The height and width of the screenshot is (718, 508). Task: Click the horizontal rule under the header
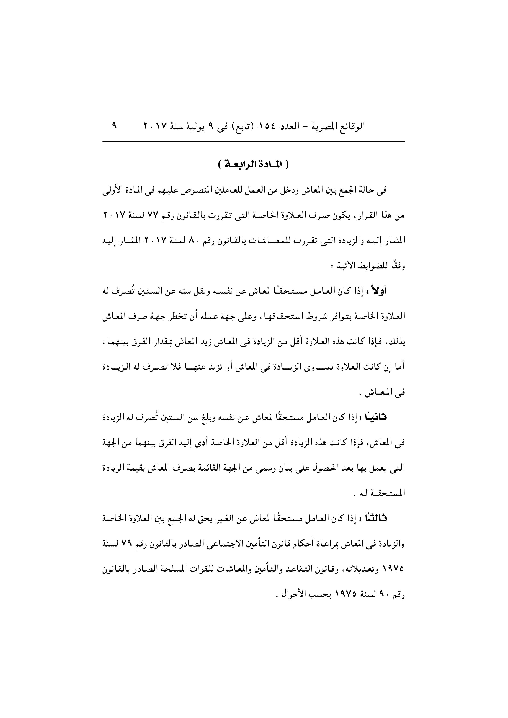pyautogui.click(x=254, y=142)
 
